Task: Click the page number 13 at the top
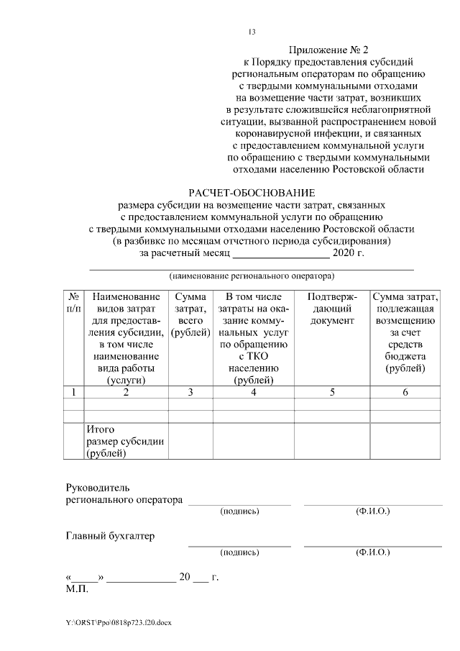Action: (252, 32)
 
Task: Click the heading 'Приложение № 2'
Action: (328, 50)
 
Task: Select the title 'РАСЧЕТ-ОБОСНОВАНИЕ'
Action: (252, 193)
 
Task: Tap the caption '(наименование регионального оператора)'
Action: (252, 276)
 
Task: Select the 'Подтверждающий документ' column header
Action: (332, 308)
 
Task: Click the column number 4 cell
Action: (253, 392)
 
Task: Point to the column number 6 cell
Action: (405, 392)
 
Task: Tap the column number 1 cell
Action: (73, 392)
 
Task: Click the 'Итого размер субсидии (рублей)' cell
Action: (125, 442)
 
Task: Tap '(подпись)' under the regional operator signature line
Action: (239, 511)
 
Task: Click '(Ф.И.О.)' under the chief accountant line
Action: (372, 552)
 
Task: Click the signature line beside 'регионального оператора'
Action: (239, 502)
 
